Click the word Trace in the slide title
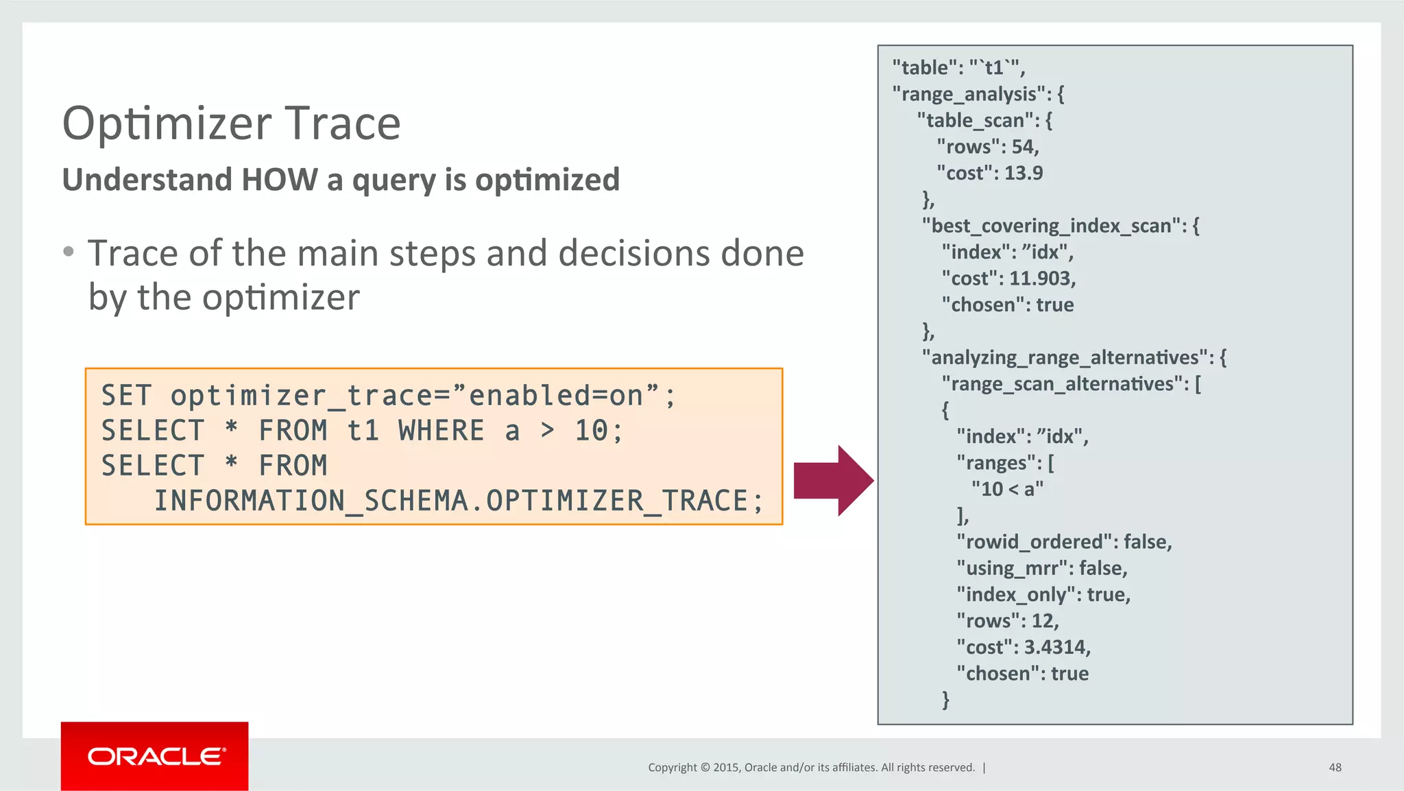point(342,123)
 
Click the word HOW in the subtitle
point(279,180)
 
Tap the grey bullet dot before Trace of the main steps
point(68,252)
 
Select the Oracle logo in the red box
point(155,756)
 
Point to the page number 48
point(1335,767)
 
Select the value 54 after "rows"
point(1024,147)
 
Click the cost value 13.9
point(1023,173)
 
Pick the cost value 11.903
point(1041,279)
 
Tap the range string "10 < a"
point(1007,489)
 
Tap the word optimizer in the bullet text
point(280,298)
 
